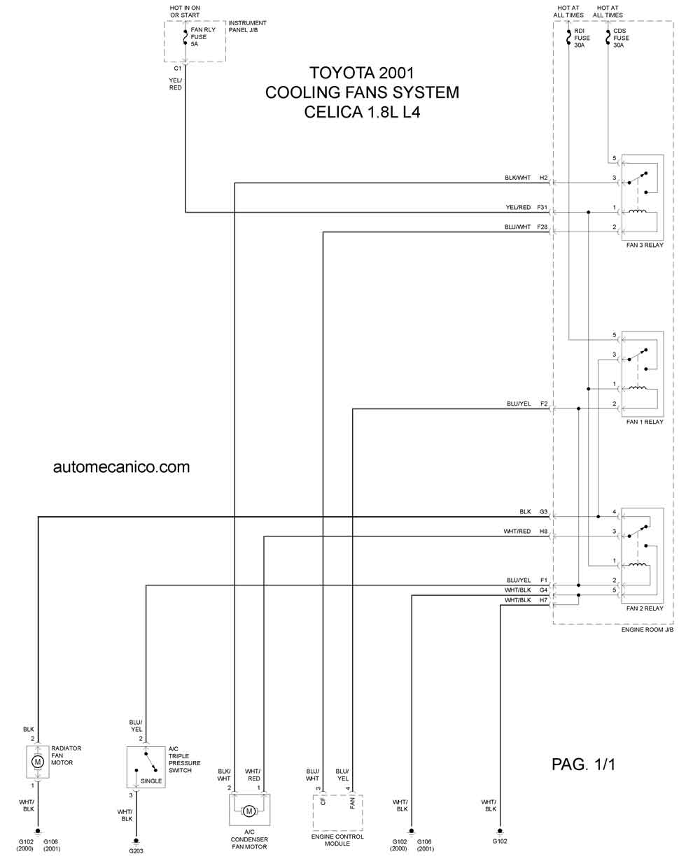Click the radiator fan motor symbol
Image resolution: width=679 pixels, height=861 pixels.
(x=38, y=762)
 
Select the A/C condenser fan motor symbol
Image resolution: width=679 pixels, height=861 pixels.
(x=249, y=811)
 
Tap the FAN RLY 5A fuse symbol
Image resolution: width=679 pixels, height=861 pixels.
(x=185, y=37)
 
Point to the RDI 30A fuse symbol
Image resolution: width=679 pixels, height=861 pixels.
(x=568, y=37)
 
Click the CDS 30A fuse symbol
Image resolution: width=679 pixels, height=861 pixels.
(x=608, y=37)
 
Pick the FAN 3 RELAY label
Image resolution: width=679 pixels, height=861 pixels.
(x=645, y=245)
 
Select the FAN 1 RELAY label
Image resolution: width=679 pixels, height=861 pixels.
(x=645, y=422)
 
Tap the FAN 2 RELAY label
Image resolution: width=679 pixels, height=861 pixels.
(x=645, y=608)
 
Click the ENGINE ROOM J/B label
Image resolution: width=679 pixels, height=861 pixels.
(x=647, y=629)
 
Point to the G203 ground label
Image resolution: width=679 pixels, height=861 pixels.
(x=136, y=851)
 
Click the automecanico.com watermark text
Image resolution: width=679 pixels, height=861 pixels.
(x=121, y=467)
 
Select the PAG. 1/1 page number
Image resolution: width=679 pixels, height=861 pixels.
(x=583, y=764)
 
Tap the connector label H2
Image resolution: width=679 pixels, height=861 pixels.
(x=543, y=178)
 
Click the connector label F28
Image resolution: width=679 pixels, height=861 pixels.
(x=542, y=227)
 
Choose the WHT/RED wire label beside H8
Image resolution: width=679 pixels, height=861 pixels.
(x=517, y=532)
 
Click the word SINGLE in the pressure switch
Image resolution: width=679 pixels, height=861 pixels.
(x=151, y=781)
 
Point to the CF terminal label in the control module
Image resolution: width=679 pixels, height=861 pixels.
(x=323, y=802)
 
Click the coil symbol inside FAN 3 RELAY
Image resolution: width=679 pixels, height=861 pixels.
(x=638, y=211)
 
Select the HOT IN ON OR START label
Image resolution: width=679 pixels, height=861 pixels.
(x=185, y=11)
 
